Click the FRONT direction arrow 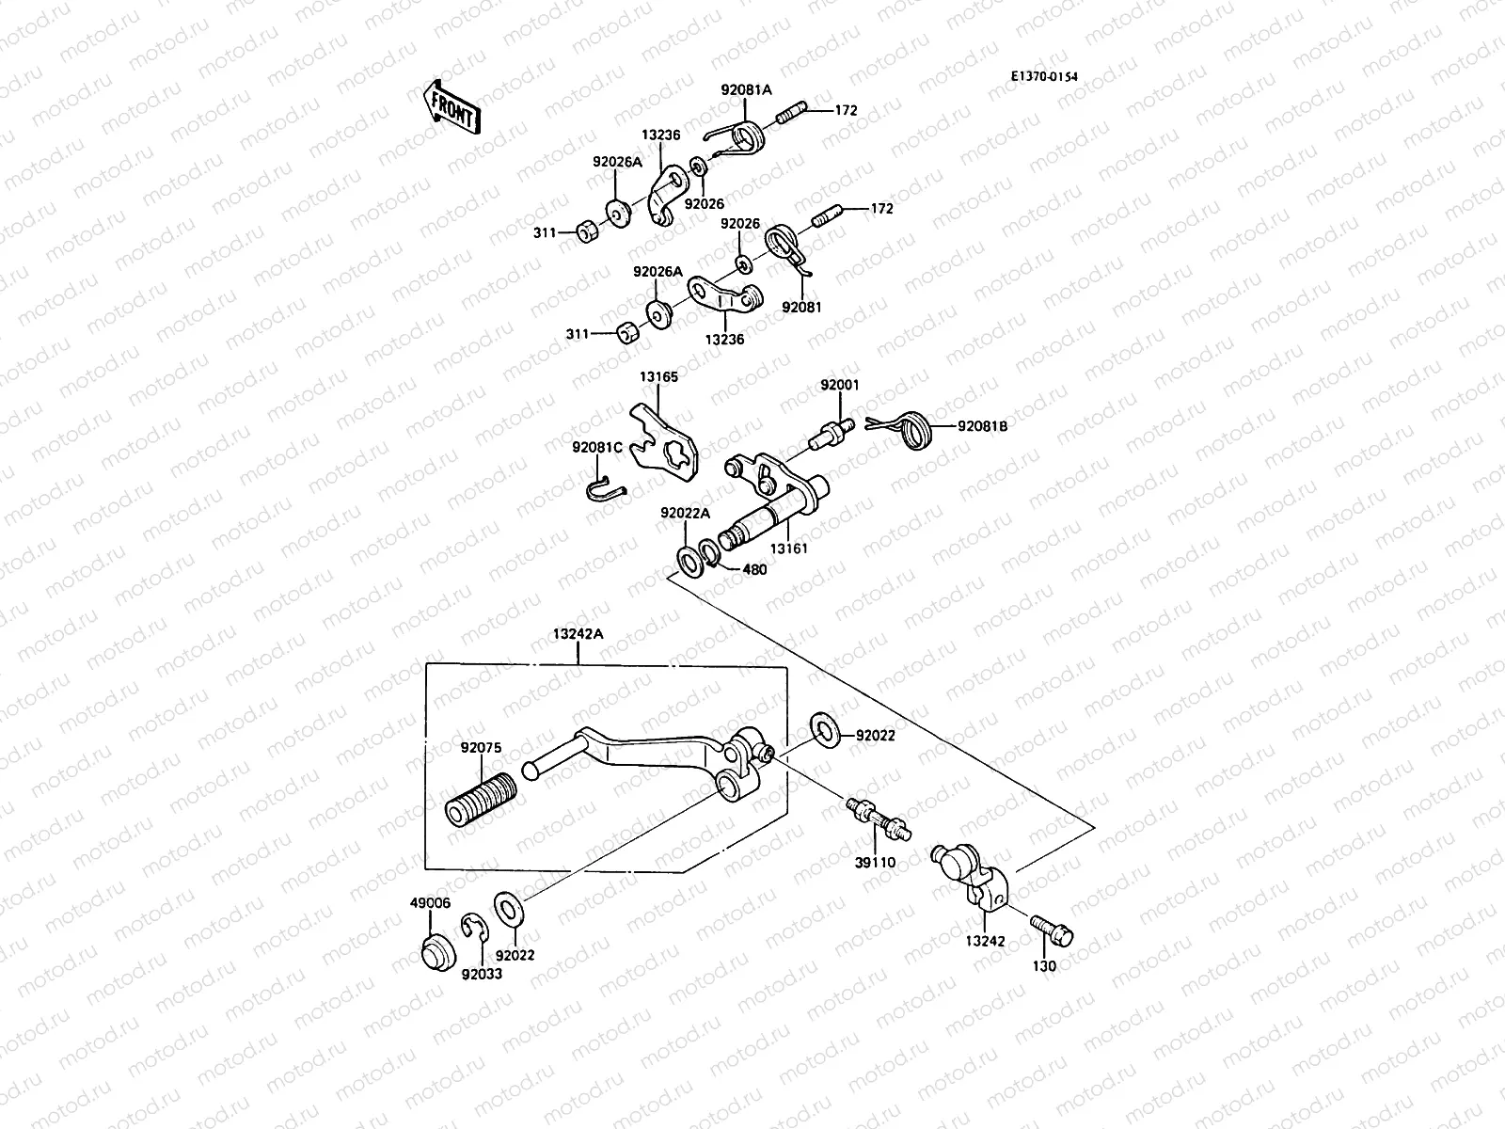coord(452,106)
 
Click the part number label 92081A coord(746,90)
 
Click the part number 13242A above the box coord(578,634)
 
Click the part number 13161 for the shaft coord(788,548)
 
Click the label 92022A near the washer coord(685,513)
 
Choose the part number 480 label coord(754,569)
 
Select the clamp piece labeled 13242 coord(976,877)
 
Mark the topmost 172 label coord(846,110)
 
